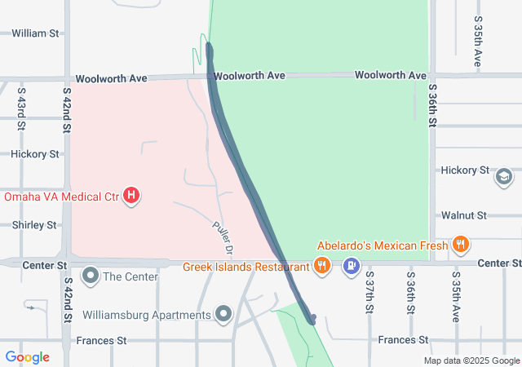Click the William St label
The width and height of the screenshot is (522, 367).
tap(36, 33)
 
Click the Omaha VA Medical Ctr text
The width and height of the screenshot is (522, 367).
tap(61, 197)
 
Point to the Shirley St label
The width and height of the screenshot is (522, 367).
tap(33, 225)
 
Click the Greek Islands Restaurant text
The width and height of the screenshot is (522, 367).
tap(246, 266)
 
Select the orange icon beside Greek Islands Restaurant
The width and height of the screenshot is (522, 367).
tap(322, 265)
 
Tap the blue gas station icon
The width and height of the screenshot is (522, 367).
tap(352, 265)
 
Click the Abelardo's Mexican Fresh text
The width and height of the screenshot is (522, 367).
tap(383, 245)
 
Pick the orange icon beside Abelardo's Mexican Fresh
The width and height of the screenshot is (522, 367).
tap(461, 244)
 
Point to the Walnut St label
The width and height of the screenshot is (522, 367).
tap(463, 215)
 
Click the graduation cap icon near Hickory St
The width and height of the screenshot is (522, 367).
tap(504, 175)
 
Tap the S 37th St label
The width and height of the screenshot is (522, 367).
tap(369, 298)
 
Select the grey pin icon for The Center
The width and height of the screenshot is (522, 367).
tap(90, 276)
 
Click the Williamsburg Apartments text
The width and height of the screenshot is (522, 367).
tap(151, 315)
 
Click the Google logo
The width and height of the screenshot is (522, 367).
tap(27, 357)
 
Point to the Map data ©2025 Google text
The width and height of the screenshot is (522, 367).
tap(471, 361)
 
